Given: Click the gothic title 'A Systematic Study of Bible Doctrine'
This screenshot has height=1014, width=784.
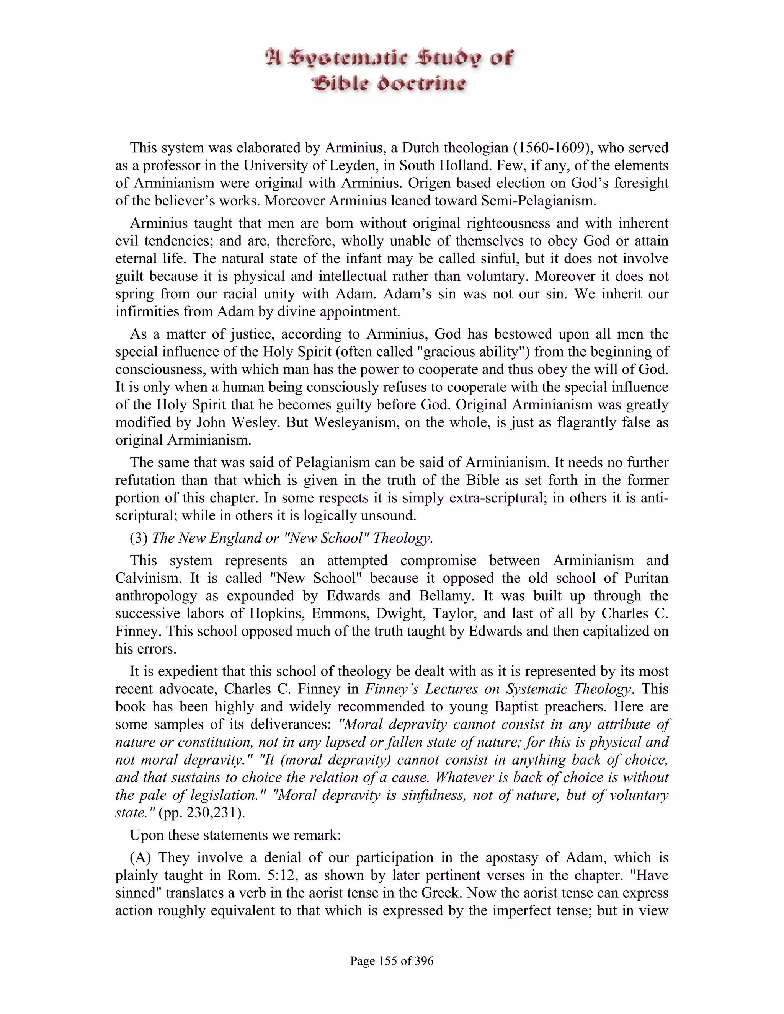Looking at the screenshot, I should (389, 70).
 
